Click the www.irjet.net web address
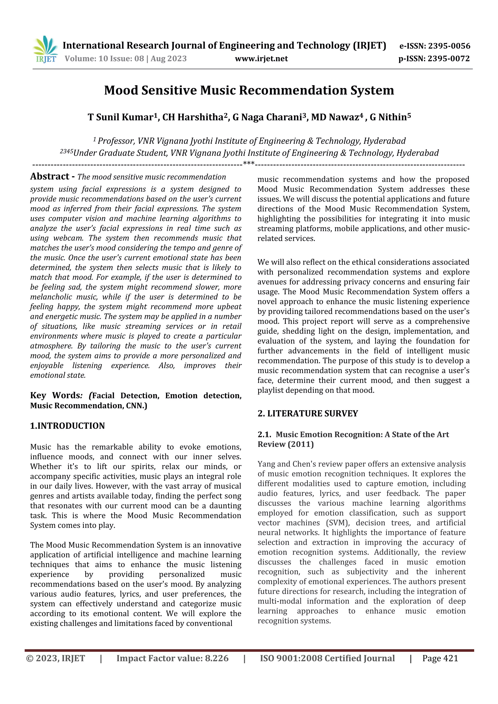click(261, 59)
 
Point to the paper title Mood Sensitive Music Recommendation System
click(249, 90)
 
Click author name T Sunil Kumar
click(121, 117)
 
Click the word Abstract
click(50, 176)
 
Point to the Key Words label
click(55, 396)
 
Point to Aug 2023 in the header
click(169, 59)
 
